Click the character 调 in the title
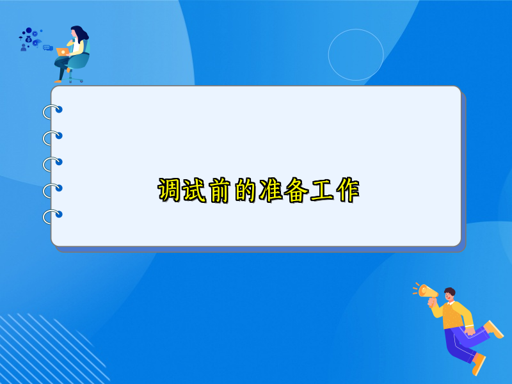(170, 191)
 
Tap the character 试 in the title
(195, 191)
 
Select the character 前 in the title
(220, 191)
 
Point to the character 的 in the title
(246, 191)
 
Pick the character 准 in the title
(271, 191)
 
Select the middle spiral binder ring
(52, 164)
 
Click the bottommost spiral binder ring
(52, 216)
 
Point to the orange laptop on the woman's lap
(63, 51)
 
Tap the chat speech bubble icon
(47, 47)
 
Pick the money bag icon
(28, 39)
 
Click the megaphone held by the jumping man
(425, 291)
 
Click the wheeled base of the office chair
(76, 79)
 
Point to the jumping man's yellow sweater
(456, 316)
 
